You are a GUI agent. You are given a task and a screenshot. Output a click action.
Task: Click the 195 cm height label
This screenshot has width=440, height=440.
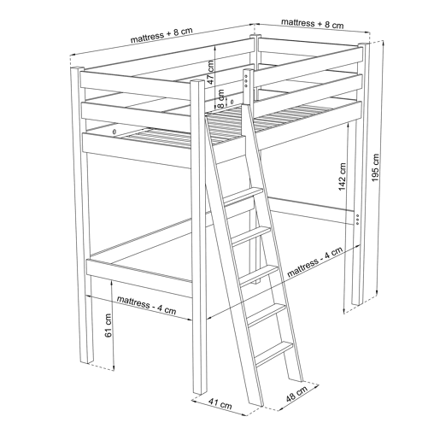coord(376,167)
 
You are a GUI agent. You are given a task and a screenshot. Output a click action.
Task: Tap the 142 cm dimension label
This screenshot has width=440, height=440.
coord(342,177)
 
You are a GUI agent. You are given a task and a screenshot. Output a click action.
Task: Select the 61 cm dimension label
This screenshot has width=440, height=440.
coord(109,326)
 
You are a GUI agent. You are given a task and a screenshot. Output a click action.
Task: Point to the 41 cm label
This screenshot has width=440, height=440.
coord(220,403)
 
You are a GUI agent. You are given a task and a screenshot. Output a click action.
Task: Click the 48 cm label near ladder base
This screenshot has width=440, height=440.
coord(296,394)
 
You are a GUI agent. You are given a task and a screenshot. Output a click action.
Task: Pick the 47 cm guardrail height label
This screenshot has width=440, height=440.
coord(211,72)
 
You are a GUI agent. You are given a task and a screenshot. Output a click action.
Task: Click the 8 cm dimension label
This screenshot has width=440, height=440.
coord(221,99)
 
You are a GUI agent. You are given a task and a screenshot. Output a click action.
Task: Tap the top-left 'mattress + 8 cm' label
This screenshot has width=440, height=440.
coord(161,35)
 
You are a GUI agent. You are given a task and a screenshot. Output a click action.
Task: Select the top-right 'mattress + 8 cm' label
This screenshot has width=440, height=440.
coord(313,23)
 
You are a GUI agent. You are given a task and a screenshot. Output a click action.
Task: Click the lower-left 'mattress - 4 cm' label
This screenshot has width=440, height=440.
coord(146,305)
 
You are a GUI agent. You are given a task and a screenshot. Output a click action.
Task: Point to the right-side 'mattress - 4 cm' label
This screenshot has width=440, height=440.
coord(314,262)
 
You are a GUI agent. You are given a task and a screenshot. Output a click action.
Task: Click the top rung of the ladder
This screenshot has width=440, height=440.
coord(243,196)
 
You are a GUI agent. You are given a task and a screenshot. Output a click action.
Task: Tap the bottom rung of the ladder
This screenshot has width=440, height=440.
coord(274,354)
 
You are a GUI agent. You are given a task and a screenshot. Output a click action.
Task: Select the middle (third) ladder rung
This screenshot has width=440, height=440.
coord(259,275)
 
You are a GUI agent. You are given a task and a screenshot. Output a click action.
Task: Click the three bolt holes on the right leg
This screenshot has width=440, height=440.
coord(357,220)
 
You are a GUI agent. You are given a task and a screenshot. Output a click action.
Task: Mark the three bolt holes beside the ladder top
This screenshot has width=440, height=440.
coord(247,80)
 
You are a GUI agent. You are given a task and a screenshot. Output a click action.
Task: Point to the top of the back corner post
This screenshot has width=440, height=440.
coord(255,35)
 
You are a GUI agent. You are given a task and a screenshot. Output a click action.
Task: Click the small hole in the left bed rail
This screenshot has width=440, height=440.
coord(114,132)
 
